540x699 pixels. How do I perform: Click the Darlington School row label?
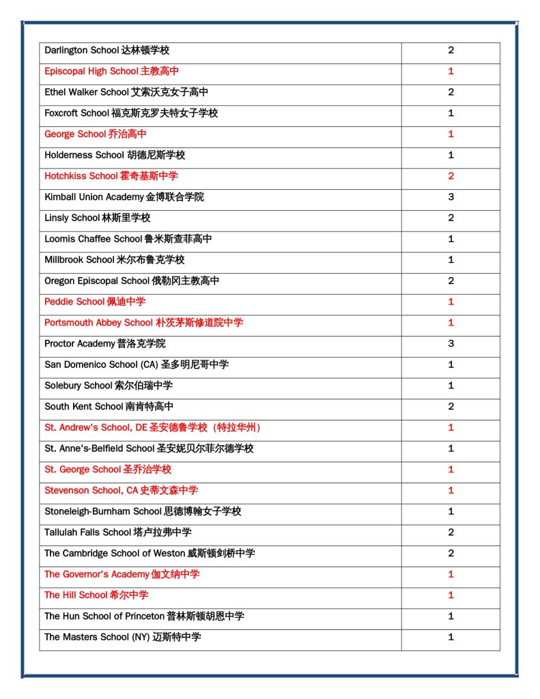pos(106,51)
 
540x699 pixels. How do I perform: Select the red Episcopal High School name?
pos(112,72)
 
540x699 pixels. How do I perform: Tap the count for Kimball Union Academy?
pos(451,197)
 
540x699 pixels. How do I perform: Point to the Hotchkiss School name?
pos(111,176)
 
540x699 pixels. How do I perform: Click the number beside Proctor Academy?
pos(451,343)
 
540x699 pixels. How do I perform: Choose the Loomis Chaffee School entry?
pos(128,239)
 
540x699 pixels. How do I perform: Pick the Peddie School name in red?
pos(95,302)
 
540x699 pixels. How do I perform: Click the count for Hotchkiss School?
pos(451,176)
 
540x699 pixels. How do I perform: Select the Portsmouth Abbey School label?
pos(143,323)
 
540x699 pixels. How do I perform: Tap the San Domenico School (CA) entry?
pos(137,365)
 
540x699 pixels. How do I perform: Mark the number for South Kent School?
pos(451,407)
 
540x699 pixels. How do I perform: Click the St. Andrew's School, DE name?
pos(152,428)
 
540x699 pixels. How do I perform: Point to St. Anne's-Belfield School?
pos(149,448)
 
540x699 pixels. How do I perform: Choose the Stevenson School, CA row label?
pos(122,491)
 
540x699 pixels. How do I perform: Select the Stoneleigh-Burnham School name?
pos(143,511)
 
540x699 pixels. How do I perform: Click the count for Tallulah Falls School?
pos(451,532)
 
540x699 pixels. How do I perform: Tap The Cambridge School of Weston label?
pos(150,554)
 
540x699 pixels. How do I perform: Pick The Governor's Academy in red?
pos(122,574)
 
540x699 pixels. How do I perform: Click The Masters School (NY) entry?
pos(123,637)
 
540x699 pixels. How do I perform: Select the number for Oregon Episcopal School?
pos(451,281)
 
